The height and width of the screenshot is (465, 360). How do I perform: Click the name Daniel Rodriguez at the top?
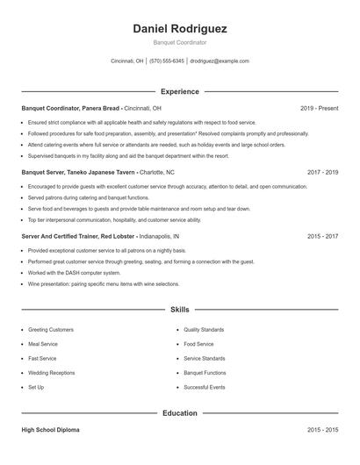(180, 28)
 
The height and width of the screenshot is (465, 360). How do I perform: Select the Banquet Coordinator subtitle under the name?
(180, 42)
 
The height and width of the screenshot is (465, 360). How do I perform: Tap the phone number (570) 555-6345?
(167, 61)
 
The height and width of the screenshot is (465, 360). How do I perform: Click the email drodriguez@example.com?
(220, 61)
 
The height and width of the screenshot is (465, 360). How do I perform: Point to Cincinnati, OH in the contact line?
(127, 61)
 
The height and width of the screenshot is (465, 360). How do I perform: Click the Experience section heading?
(180, 91)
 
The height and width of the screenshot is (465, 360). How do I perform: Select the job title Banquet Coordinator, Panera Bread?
(70, 108)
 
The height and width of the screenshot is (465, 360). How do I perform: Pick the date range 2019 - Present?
(319, 108)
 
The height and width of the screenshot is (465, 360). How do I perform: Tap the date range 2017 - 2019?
(322, 173)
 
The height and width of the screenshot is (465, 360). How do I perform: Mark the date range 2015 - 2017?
(322, 237)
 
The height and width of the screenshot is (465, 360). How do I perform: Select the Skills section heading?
(180, 310)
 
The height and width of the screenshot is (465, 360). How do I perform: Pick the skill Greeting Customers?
(51, 330)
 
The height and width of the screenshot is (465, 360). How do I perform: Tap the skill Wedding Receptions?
(51, 373)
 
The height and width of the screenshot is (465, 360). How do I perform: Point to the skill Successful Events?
(205, 387)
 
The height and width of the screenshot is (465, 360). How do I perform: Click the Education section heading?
(180, 412)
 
